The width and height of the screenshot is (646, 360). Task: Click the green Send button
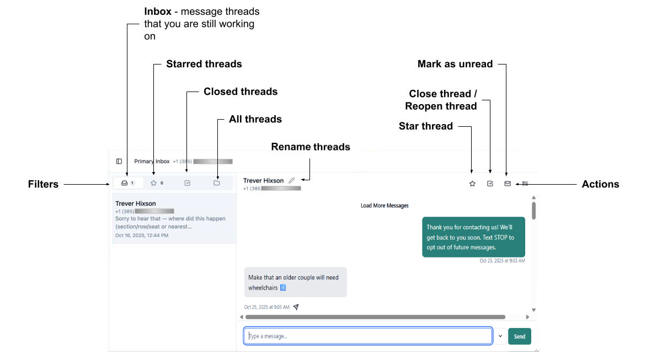pos(519,336)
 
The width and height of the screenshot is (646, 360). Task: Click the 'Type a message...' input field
pos(368,336)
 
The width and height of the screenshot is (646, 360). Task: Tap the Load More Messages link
pos(385,206)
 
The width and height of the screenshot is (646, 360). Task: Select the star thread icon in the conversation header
pos(472,184)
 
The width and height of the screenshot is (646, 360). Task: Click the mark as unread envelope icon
pos(508,184)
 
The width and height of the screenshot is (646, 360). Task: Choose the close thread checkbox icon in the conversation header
pos(490,184)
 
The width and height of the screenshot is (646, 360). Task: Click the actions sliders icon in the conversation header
pos(525,184)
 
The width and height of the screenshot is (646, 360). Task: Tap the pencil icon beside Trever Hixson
pos(292,180)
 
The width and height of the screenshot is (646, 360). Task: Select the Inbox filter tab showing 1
pos(127,182)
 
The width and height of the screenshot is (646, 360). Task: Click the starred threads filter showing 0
pos(157,182)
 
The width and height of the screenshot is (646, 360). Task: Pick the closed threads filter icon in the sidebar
pos(188,182)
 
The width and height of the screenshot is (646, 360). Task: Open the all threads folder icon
pos(217,182)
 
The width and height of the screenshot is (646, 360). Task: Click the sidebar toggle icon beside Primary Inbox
pos(119,162)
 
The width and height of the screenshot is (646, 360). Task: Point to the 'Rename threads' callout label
pos(311,147)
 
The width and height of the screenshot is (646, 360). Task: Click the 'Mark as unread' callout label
pos(455,64)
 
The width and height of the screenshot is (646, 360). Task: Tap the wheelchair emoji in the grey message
pos(283,288)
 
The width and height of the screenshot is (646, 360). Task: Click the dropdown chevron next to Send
pos(500,336)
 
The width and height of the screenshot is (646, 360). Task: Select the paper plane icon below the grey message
pos(296,307)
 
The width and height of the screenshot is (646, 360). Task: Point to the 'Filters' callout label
pos(43,184)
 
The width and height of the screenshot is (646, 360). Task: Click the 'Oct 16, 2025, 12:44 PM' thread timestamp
pos(142,235)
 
